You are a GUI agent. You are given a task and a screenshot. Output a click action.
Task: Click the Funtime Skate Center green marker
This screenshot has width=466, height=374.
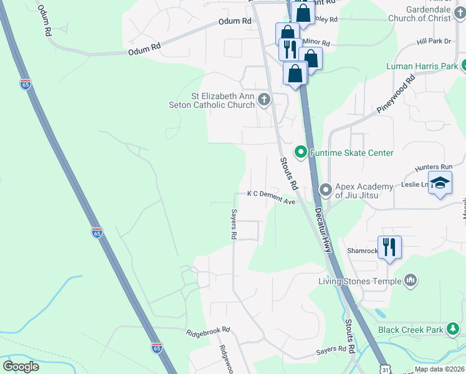(300, 152)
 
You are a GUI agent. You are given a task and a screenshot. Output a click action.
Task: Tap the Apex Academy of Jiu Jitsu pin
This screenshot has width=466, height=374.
(325, 189)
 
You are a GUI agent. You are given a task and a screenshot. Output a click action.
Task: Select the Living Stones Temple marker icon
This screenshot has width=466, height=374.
(410, 281)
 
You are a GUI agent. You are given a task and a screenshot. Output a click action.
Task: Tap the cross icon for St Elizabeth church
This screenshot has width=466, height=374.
(264, 100)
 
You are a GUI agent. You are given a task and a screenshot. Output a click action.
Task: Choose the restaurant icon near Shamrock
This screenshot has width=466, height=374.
(389, 247)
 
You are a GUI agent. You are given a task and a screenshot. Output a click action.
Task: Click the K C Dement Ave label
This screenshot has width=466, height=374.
(271, 194)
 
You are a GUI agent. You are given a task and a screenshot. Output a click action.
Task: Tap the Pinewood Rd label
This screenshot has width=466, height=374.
(396, 94)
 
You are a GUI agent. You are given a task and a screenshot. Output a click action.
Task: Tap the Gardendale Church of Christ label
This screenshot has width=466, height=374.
(428, 14)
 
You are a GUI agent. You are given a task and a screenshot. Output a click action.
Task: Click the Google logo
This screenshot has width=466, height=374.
(21, 367)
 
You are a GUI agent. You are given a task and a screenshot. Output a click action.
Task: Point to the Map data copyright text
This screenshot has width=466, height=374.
(439, 369)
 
